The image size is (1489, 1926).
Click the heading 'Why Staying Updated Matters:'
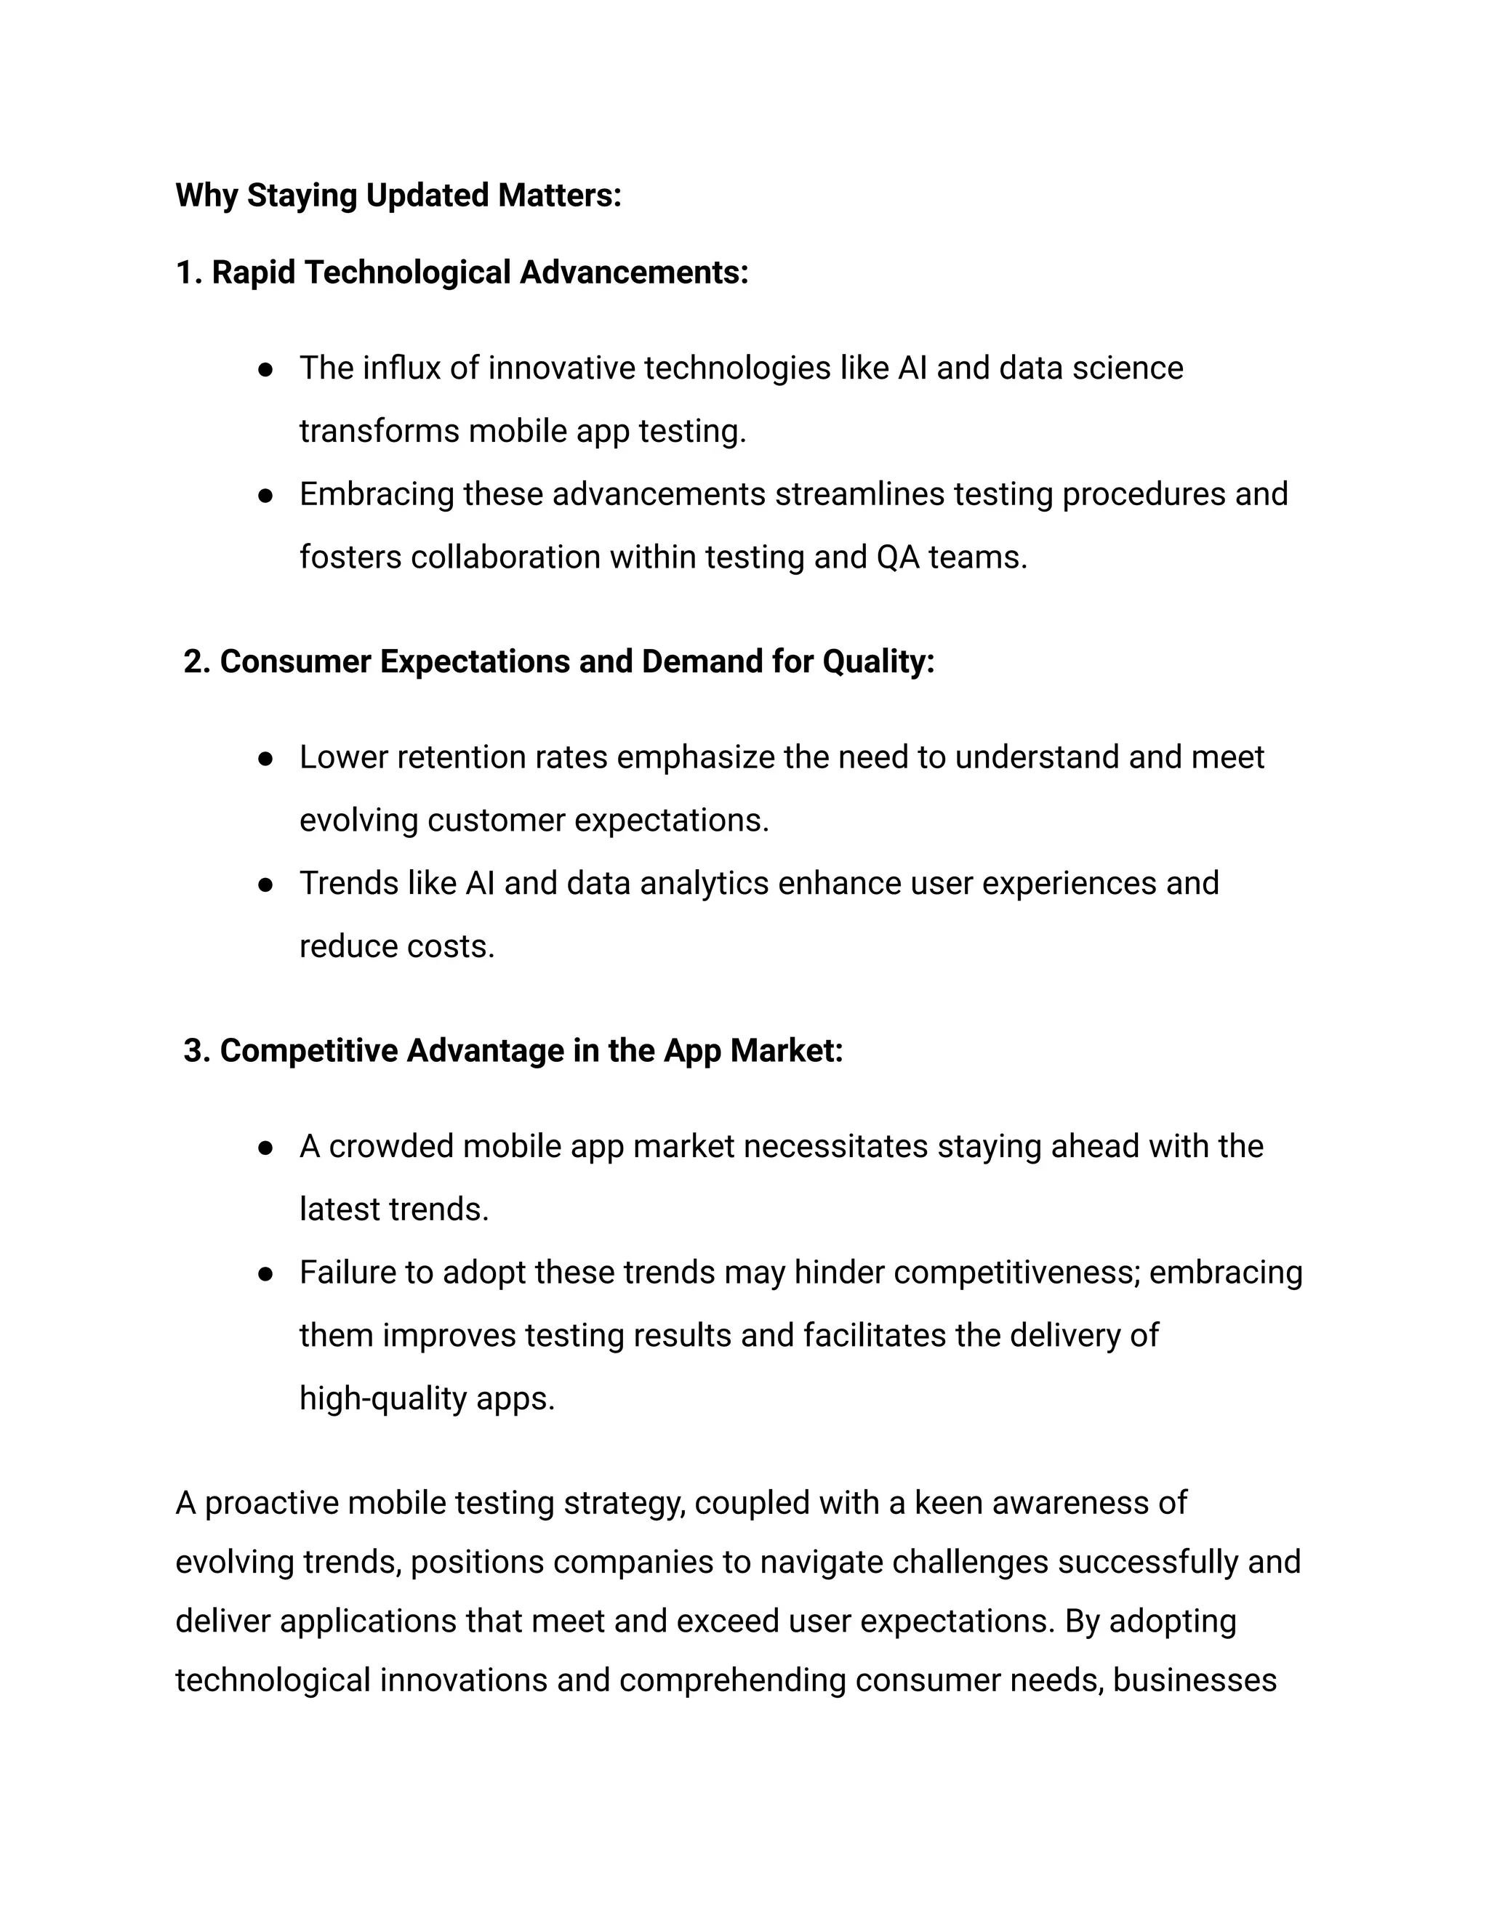(398, 195)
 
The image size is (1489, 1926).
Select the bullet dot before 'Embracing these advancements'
(265, 495)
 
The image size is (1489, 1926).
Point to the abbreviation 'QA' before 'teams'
(898, 557)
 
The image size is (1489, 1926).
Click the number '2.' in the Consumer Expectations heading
(197, 661)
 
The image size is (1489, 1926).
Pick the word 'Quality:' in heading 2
(878, 661)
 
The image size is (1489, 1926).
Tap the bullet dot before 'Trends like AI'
(265, 885)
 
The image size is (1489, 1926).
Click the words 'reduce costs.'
(397, 946)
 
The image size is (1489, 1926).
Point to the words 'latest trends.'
(393, 1209)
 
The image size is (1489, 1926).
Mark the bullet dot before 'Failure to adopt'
(265, 1274)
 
